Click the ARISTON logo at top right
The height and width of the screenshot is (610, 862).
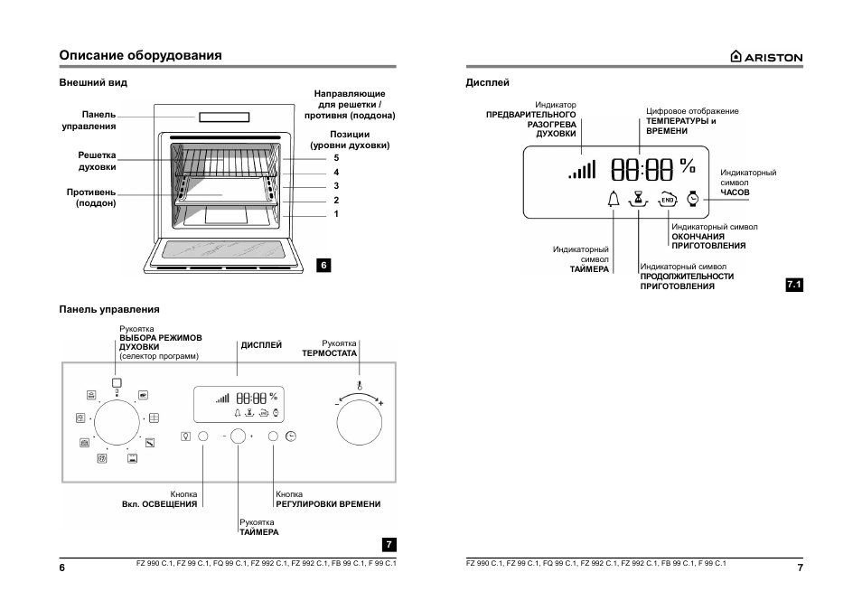[x=766, y=57]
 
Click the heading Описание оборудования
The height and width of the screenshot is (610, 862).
[x=141, y=55]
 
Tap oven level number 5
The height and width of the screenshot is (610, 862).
[x=336, y=158]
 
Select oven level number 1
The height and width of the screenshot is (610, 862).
[x=336, y=214]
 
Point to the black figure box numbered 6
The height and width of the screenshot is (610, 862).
[x=323, y=265]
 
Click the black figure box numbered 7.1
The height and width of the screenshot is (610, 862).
[x=794, y=285]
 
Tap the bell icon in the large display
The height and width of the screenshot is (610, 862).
[x=614, y=199]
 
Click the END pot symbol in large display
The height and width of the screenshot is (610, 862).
[x=668, y=200]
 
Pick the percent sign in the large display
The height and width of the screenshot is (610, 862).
[x=688, y=165]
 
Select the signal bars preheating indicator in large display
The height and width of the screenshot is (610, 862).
[x=582, y=170]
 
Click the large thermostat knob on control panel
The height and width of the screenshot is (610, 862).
[x=359, y=422]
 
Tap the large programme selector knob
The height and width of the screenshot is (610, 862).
[x=117, y=422]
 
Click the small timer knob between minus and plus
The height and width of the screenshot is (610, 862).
[x=238, y=436]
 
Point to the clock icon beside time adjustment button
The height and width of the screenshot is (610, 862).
[x=291, y=436]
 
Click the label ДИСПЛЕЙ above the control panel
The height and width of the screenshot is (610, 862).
[x=261, y=345]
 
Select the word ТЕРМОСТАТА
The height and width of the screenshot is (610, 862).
[x=329, y=353]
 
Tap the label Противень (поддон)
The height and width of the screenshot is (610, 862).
[x=91, y=198]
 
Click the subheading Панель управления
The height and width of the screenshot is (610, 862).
[x=109, y=309]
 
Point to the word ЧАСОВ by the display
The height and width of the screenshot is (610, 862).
[x=735, y=192]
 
